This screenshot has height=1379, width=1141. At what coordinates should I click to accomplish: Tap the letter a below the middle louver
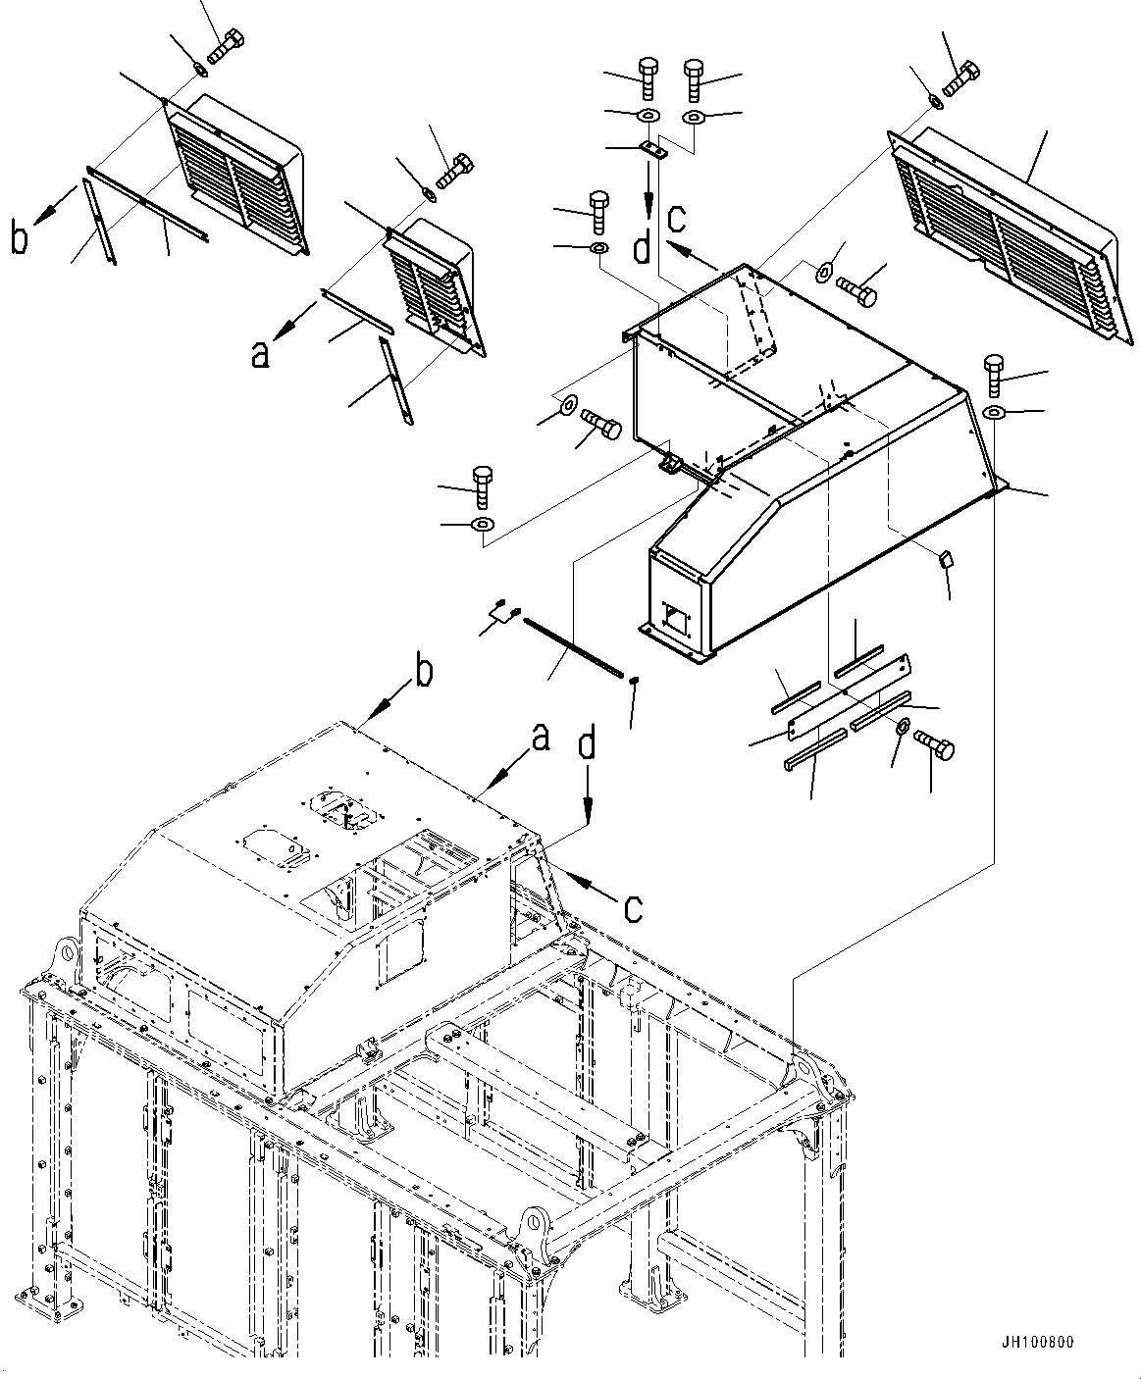point(260,353)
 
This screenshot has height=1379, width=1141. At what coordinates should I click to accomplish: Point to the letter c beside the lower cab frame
point(633,907)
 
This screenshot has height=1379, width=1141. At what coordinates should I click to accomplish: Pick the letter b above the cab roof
point(423,676)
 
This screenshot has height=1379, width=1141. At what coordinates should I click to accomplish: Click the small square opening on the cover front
point(675,617)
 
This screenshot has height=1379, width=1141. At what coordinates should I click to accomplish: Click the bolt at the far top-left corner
point(228,44)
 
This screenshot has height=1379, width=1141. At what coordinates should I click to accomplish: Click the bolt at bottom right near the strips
point(933,745)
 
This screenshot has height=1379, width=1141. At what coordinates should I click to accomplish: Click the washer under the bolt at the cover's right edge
point(995,411)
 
